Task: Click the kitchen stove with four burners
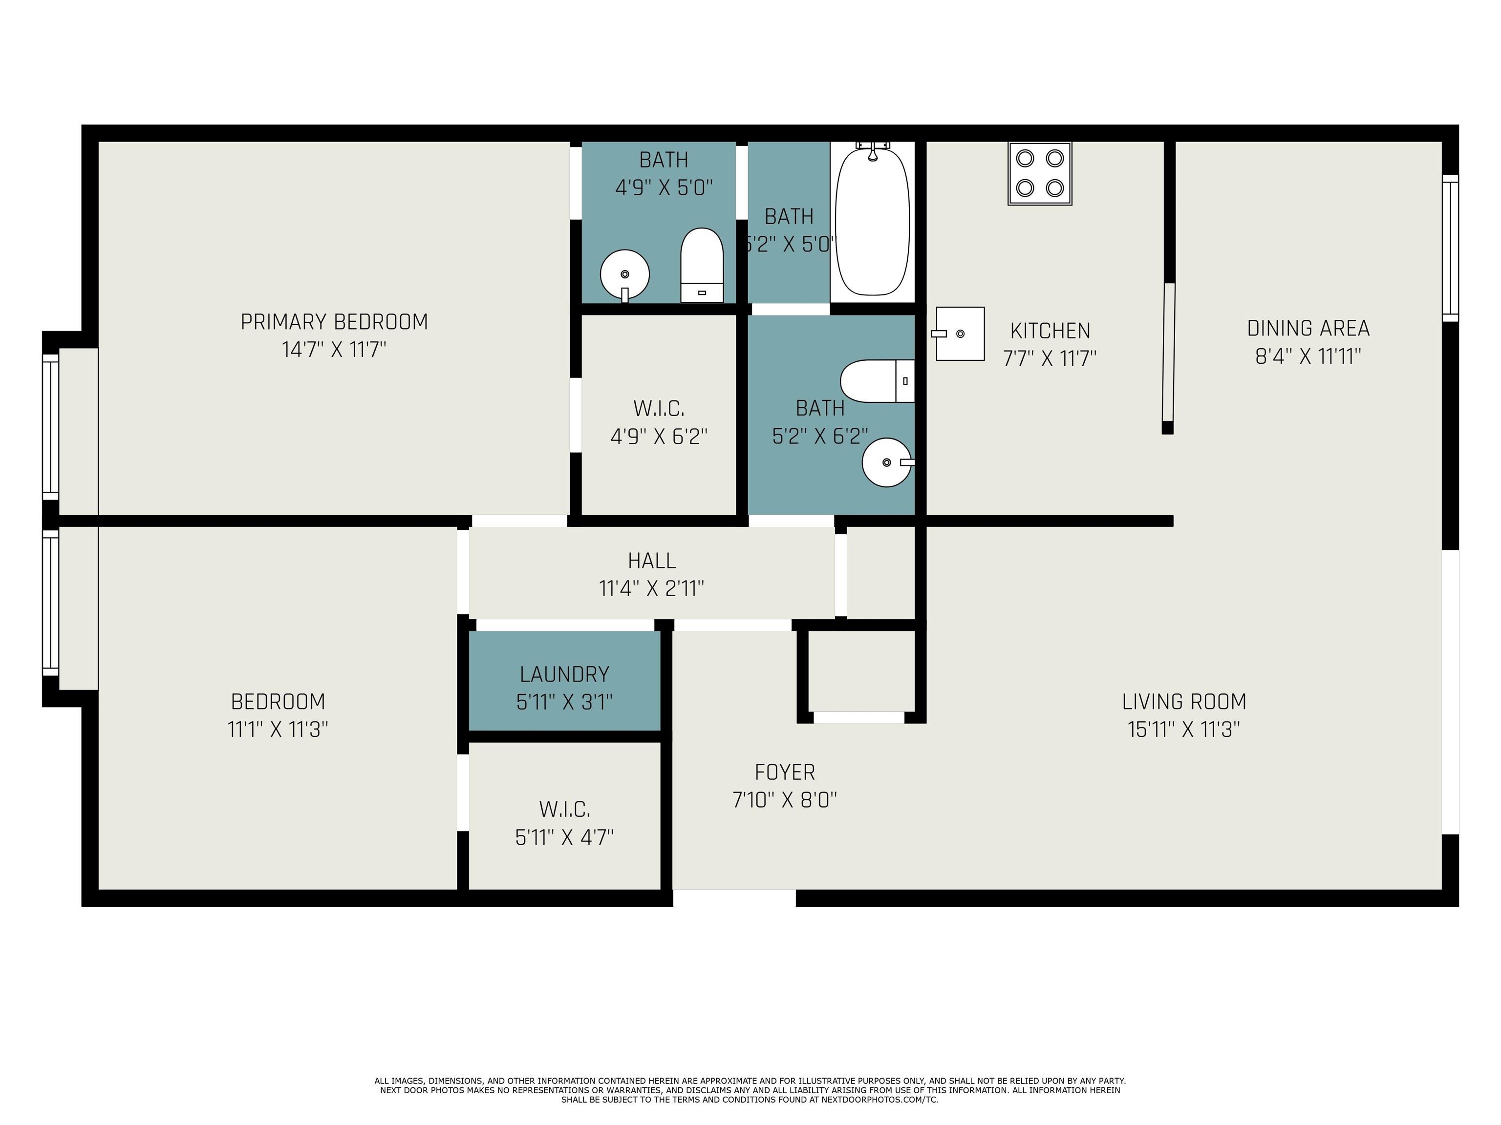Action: point(1040,174)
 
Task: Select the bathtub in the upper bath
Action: point(873,220)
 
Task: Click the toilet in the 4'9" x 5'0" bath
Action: point(702,265)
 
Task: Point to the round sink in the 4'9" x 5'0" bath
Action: point(625,274)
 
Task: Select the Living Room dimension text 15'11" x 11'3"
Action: point(1184,729)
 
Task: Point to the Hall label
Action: point(651,561)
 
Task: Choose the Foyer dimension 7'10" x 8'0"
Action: point(784,800)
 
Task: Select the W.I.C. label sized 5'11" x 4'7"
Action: point(564,809)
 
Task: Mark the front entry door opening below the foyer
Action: point(734,898)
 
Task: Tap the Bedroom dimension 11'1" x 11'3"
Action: point(278,729)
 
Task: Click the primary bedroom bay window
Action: point(51,427)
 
